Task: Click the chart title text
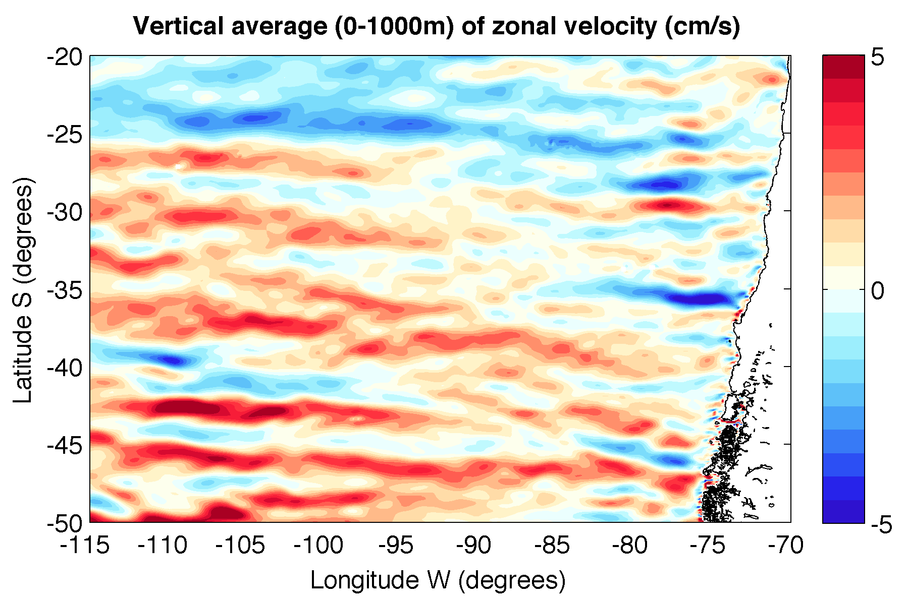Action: pos(437,26)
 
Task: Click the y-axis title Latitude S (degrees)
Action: pos(23,290)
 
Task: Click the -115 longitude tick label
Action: pos(85,546)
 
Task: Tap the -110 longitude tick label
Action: pos(163,546)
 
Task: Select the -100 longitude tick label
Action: pos(319,546)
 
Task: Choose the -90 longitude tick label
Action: pos(475,546)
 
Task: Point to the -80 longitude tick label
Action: pos(631,546)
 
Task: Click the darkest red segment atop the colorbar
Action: pos(843,67)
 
